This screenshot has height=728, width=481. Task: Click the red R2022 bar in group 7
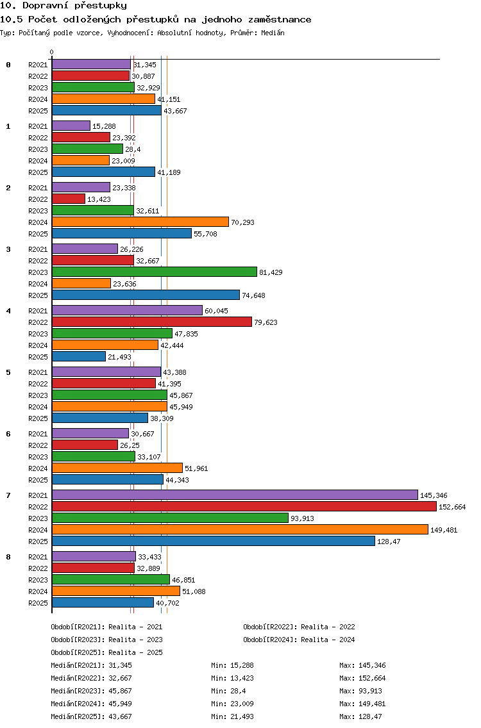(244, 506)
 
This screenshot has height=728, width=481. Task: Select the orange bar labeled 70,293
(140, 222)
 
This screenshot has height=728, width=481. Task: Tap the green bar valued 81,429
(155, 272)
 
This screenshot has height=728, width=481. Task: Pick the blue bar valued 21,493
(79, 356)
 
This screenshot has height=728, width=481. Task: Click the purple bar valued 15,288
(71, 126)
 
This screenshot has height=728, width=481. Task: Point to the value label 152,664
(452, 507)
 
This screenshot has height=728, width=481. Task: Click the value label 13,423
(99, 199)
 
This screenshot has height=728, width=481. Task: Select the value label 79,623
(266, 322)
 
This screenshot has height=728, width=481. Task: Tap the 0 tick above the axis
(51, 52)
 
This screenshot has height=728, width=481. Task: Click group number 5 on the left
(8, 372)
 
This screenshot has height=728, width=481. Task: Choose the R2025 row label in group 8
(38, 603)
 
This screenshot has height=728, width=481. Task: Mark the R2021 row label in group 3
(38, 249)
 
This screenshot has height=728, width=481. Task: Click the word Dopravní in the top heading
(46, 6)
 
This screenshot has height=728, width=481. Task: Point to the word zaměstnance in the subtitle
(280, 19)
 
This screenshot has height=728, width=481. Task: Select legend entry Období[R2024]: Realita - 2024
(299, 640)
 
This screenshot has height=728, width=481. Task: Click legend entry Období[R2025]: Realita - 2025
(107, 652)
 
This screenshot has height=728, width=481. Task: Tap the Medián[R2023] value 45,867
(121, 691)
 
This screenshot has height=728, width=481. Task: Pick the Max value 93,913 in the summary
(370, 691)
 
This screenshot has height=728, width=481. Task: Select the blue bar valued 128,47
(214, 541)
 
